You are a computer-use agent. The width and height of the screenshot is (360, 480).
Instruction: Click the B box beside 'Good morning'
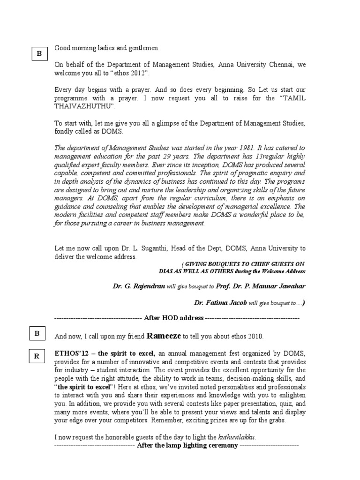pos(39,54)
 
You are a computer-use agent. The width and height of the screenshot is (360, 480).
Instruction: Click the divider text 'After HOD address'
pos(173,318)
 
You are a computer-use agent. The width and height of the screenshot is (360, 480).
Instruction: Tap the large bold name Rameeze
pos(164,336)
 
